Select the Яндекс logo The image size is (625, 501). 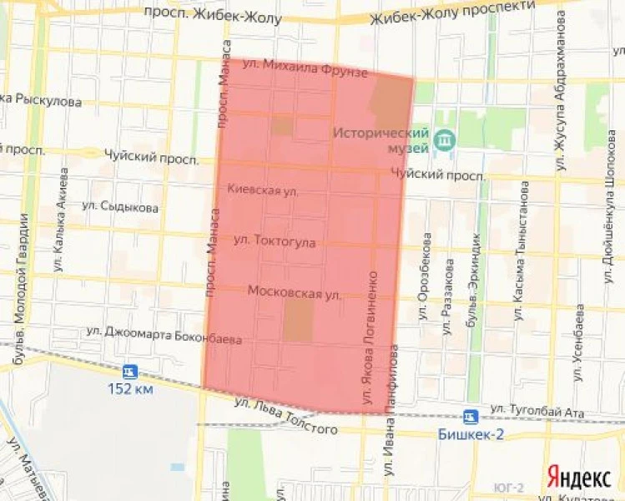point(577,476)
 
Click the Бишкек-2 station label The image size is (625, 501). point(469,434)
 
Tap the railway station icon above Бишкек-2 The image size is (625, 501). point(471,416)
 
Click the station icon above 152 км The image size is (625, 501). point(129,372)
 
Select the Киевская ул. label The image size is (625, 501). point(263,190)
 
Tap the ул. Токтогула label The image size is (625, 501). point(275,241)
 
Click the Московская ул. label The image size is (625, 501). point(295,292)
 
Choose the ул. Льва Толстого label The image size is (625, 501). point(286,417)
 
